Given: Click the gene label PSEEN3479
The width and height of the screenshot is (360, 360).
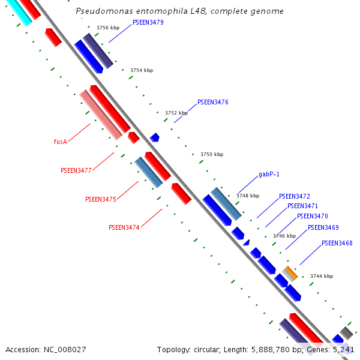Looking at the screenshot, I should tap(148, 22).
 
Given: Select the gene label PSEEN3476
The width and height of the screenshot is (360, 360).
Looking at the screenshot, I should tap(212, 102).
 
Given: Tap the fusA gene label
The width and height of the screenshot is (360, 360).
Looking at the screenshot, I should tap(60, 142).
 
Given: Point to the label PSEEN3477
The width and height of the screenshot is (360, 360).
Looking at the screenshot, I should tap(76, 170).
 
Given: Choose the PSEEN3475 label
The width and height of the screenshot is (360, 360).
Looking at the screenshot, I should tap(100, 199).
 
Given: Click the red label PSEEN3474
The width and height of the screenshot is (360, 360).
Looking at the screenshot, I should tap(124, 228).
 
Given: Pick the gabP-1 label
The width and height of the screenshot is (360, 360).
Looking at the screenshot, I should tap(269, 175).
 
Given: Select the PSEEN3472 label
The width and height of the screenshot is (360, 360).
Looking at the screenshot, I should tap(294, 196).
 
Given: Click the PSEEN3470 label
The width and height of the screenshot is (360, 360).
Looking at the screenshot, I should tap(312, 216).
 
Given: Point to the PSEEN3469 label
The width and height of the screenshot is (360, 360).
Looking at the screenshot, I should tap(323, 227).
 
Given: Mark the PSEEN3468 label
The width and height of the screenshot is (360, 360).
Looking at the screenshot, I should tap(337, 243).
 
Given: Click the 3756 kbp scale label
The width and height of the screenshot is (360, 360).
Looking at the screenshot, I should tap(108, 28).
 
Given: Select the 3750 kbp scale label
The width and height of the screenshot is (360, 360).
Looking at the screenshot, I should tap(212, 154).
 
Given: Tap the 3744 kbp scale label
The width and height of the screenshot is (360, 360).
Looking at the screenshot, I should tap(321, 276).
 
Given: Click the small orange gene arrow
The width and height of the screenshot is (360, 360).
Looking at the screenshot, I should tap(291, 273).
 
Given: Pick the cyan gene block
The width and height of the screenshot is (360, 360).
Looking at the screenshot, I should tap(19, 12).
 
